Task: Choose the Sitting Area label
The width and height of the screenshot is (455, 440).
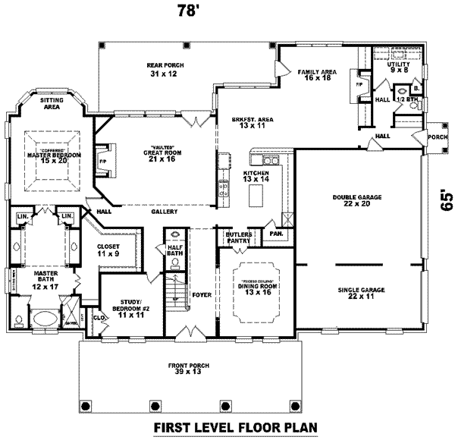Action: pos(52,105)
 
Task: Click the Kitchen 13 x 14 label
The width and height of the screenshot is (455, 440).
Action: pos(256,177)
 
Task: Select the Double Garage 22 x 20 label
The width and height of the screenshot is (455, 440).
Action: pos(356,200)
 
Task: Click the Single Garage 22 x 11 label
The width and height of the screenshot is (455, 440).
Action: pos(356,293)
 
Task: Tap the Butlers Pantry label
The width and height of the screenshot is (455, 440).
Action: pos(239,237)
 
